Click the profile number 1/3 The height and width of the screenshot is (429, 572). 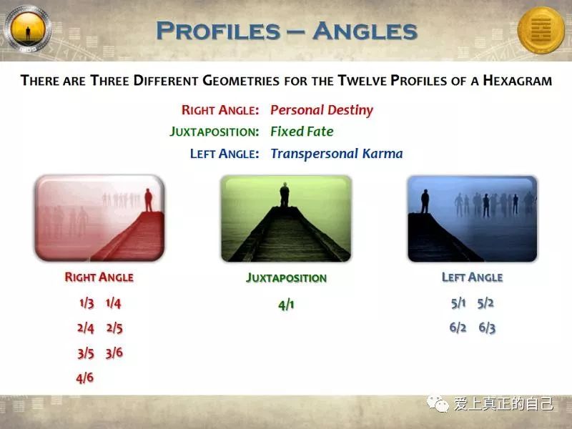click(x=87, y=303)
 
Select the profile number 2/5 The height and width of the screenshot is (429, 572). click(x=114, y=328)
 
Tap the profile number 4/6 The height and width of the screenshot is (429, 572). click(x=85, y=378)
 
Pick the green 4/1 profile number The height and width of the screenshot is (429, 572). click(x=286, y=305)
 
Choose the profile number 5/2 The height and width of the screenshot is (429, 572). click(x=485, y=303)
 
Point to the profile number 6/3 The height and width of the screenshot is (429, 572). click(x=487, y=328)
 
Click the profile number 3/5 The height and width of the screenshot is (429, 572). click(x=86, y=353)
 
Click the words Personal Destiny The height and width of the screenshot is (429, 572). click(x=322, y=110)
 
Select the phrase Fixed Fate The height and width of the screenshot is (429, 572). click(x=302, y=132)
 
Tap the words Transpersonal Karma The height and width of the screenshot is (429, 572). click(x=337, y=154)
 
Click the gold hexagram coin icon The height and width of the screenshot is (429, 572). click(x=541, y=30)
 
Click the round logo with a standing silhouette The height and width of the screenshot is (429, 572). click(x=27, y=29)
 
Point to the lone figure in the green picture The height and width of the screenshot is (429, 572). click(x=285, y=194)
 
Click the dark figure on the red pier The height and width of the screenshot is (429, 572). click(x=149, y=200)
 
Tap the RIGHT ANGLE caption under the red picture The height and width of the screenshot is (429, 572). click(x=99, y=277)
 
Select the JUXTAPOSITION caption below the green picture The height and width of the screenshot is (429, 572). click(x=287, y=278)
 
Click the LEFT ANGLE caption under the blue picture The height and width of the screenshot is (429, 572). click(x=473, y=277)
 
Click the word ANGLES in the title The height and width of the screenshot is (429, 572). click(x=365, y=31)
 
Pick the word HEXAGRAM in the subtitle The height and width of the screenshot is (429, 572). click(x=517, y=80)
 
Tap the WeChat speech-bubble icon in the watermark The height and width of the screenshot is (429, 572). click(x=438, y=403)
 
